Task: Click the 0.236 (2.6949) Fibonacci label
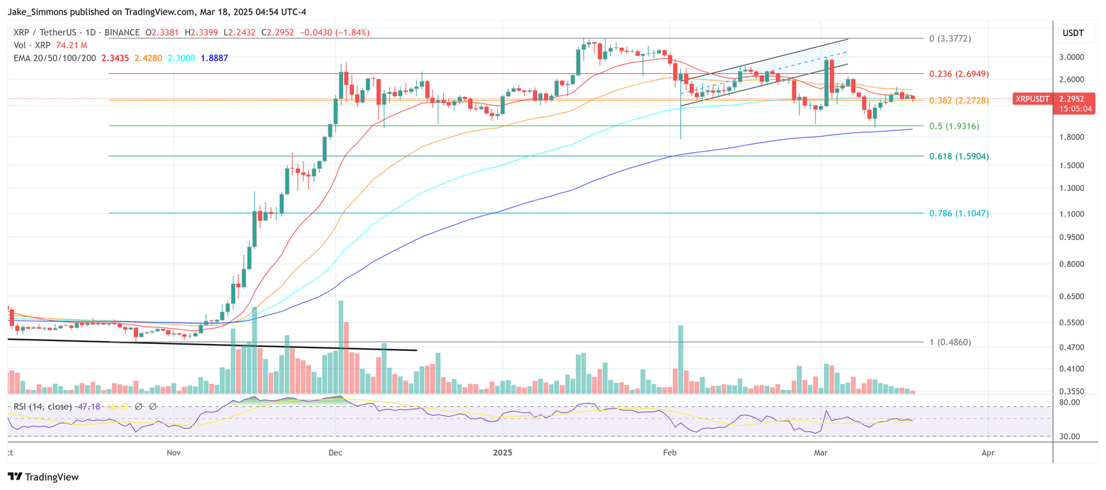click(x=958, y=74)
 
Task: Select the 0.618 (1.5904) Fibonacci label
click(x=958, y=156)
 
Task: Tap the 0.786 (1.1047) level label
click(x=958, y=214)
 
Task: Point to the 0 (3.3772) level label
click(x=950, y=39)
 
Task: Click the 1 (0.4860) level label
click(x=950, y=343)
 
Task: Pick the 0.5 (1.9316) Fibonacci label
click(x=954, y=127)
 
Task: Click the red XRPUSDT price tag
click(x=1031, y=100)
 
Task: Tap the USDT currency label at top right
click(x=1073, y=33)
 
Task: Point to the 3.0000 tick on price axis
click(x=1071, y=57)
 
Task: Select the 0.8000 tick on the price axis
click(x=1071, y=264)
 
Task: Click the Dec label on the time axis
click(x=335, y=453)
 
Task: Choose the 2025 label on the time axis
click(x=503, y=453)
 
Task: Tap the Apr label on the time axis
click(x=988, y=453)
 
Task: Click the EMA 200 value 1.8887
click(x=214, y=58)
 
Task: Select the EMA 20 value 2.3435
click(x=115, y=58)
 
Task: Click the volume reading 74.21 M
click(x=72, y=46)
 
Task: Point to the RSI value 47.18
click(x=88, y=407)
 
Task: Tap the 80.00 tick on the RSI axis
click(x=1069, y=402)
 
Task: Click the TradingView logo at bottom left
click(x=43, y=477)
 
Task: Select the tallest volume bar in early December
click(x=341, y=346)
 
